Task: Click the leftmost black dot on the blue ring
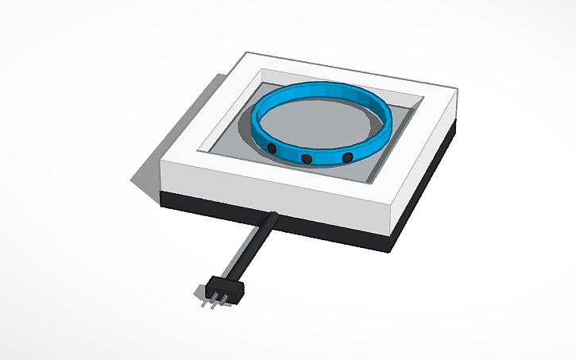[272, 149]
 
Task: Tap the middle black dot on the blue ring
[306, 160]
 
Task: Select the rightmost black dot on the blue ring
[347, 159]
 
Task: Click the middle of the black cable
[250, 247]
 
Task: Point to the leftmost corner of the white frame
[161, 164]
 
